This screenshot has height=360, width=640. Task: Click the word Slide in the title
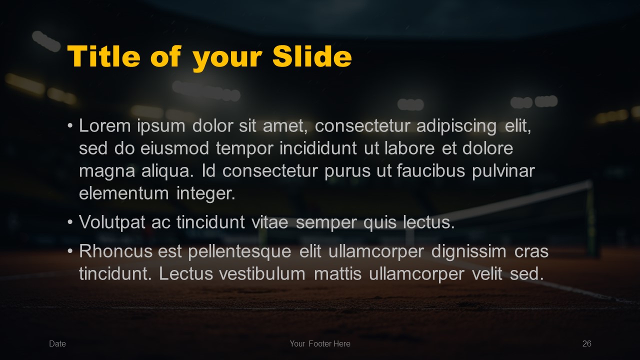pos(312,56)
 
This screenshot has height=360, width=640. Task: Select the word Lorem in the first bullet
pos(105,125)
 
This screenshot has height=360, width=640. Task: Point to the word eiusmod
pos(174,148)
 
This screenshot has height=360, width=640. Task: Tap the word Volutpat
pos(112,222)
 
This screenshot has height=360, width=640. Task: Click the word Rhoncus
pos(115,251)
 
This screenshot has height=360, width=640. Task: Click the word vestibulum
pos(262,273)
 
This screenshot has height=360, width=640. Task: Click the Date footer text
pos(57,343)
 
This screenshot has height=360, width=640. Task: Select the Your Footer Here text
pos(320,343)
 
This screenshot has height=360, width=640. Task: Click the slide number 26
pos(587,343)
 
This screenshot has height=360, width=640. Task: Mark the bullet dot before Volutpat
pos(70,222)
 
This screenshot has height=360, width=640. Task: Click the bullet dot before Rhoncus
pos(70,251)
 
